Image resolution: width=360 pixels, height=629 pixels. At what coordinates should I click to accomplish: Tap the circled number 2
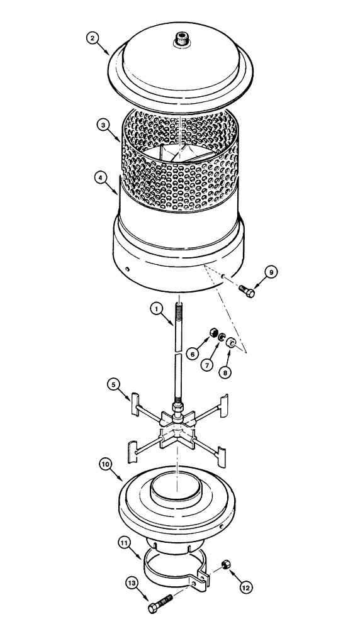[93, 38]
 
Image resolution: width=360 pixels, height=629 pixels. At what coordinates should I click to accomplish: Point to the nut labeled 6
[214, 333]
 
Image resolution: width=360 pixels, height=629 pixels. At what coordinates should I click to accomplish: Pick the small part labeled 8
[233, 343]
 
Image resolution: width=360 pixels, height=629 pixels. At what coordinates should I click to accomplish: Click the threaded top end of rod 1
[181, 311]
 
